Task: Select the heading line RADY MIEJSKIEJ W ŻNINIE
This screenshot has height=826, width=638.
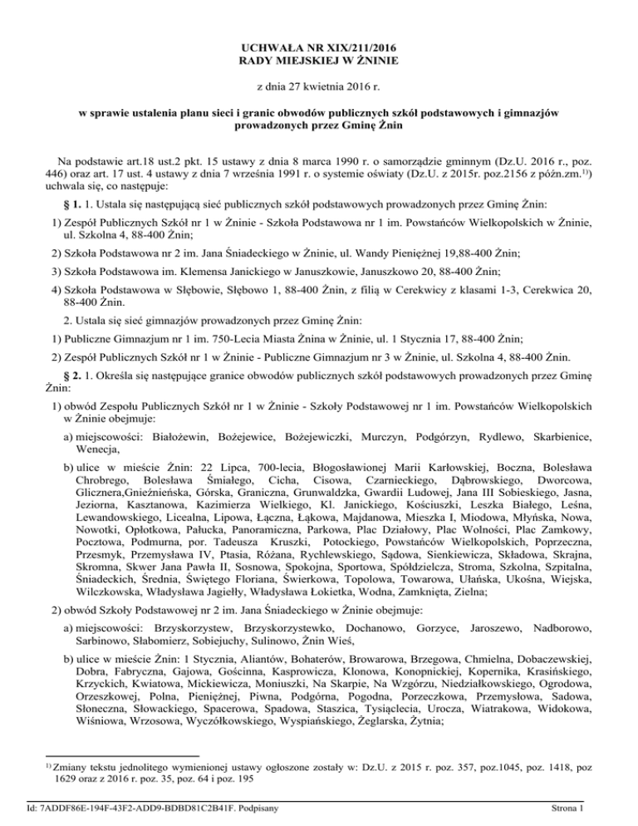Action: tap(319, 61)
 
